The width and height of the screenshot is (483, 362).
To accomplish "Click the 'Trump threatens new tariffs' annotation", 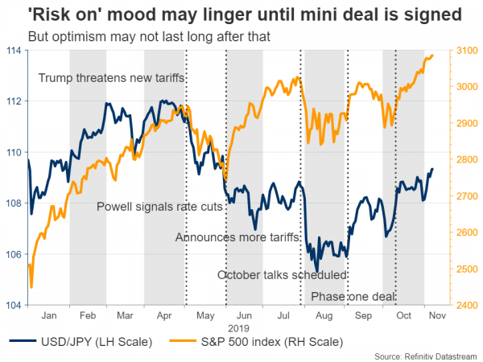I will pyautogui.click(x=112, y=78).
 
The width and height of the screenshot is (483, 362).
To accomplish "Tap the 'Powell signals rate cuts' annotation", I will pyautogui.click(x=159, y=207).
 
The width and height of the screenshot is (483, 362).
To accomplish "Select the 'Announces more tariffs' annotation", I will pyautogui.click(x=237, y=237).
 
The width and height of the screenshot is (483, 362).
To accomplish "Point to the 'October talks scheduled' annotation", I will pyautogui.click(x=282, y=275).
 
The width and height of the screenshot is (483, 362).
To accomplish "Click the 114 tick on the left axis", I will pyautogui.click(x=14, y=51).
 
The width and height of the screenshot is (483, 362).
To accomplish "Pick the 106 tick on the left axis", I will pyautogui.click(x=14, y=255).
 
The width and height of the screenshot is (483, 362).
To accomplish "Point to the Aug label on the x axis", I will pyautogui.click(x=324, y=317).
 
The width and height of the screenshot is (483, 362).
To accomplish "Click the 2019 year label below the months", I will pyautogui.click(x=244, y=328).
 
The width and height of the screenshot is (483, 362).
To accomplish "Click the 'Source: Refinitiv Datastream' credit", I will pyautogui.click(x=423, y=355).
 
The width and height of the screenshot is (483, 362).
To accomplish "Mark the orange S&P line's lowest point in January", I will pyautogui.click(x=31, y=286).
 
